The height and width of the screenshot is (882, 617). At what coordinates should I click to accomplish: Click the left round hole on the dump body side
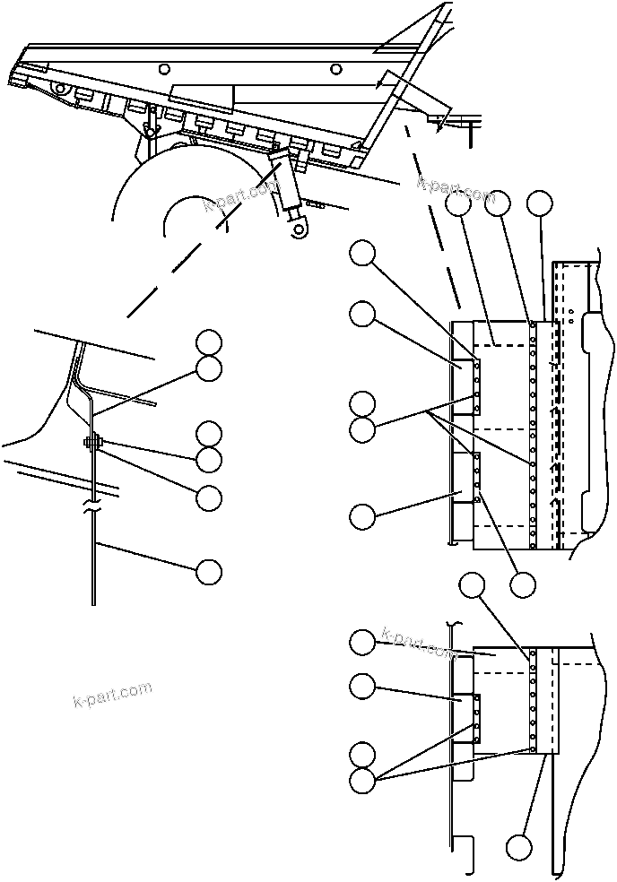pos(162,69)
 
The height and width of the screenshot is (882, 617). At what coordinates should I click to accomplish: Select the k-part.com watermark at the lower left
pos(112,695)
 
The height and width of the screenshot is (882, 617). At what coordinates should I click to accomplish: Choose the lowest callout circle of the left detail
pos(210,571)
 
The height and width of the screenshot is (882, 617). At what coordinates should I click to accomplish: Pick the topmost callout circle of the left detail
pos(210,342)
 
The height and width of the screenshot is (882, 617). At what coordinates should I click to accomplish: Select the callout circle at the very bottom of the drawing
pos(518,847)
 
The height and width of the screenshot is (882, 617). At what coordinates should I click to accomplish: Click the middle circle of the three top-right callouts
pos(498,204)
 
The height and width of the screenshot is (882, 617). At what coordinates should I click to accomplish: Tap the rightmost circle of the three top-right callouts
pos(539,204)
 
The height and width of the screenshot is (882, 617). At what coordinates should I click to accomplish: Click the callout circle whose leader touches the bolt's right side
pos(210,460)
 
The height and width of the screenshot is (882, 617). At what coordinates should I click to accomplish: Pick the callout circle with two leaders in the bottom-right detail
pos(362,780)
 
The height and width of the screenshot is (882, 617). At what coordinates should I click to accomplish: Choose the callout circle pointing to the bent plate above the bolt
pos(210,368)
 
